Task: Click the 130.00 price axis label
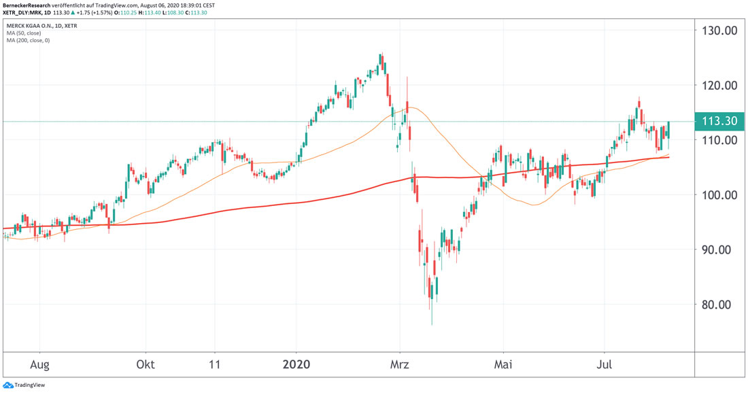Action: [x=719, y=31]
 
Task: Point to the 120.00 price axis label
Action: [x=719, y=86]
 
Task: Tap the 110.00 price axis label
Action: [x=719, y=140]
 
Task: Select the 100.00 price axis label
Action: [x=719, y=195]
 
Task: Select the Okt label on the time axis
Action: [x=146, y=365]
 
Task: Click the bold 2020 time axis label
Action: [x=296, y=365]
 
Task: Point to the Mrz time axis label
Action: [x=400, y=365]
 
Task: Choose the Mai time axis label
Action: [x=503, y=365]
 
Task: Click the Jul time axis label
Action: [x=605, y=365]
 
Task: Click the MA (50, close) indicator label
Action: [x=24, y=33]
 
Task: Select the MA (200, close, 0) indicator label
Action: [x=29, y=40]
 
